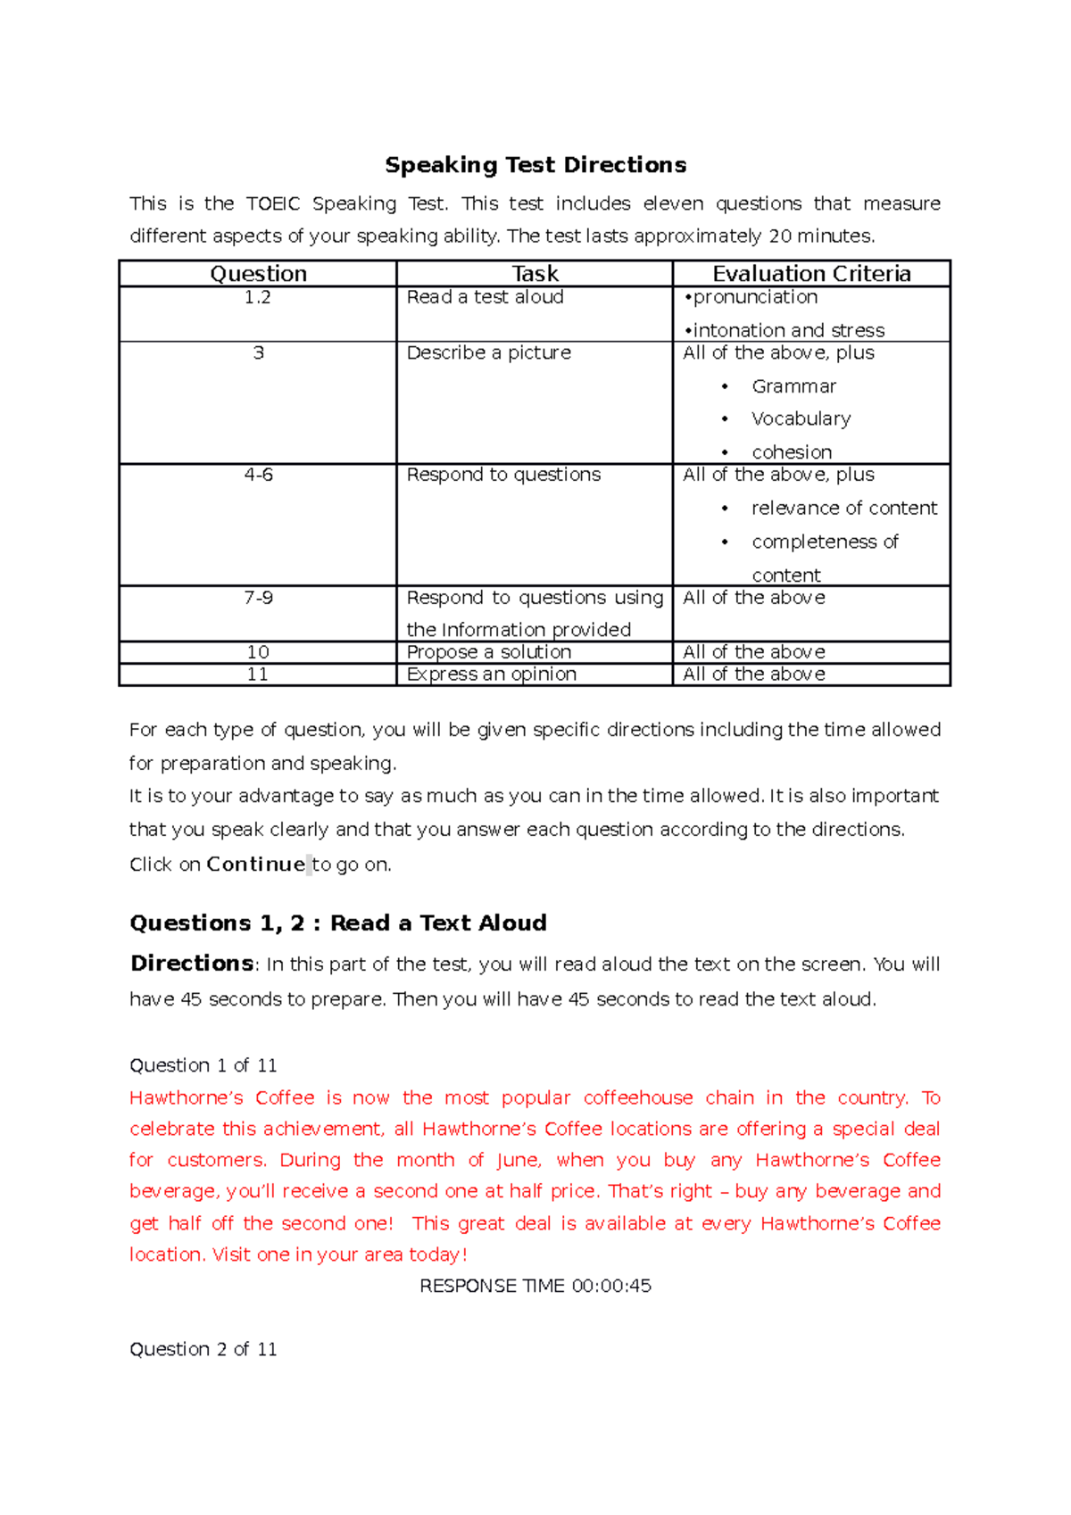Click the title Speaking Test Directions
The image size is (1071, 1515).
click(535, 165)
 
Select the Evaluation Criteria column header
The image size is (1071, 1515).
click(811, 274)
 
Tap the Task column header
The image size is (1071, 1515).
click(535, 274)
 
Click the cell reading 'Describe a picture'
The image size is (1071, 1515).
click(488, 353)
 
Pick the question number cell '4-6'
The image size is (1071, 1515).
click(258, 476)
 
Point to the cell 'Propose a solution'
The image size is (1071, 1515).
click(488, 652)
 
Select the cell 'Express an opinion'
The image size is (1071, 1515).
click(491, 675)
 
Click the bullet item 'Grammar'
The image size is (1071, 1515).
click(793, 386)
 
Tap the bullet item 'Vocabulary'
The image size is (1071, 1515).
click(801, 418)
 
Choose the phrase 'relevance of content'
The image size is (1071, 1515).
click(843, 509)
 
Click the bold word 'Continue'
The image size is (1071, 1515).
click(255, 865)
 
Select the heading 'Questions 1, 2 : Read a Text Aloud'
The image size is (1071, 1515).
click(338, 923)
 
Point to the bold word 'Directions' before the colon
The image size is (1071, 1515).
click(192, 964)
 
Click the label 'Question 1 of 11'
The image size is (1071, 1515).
click(203, 1065)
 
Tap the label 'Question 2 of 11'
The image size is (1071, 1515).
click(203, 1349)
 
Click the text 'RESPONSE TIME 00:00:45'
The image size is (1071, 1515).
click(535, 1286)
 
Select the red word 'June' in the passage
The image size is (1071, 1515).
click(518, 1161)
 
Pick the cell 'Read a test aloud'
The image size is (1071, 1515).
click(485, 298)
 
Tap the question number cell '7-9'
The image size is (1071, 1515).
click(258, 598)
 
